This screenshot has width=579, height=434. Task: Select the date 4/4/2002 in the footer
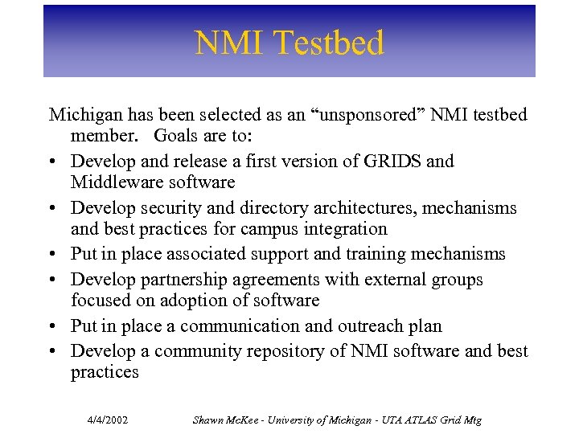109,420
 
